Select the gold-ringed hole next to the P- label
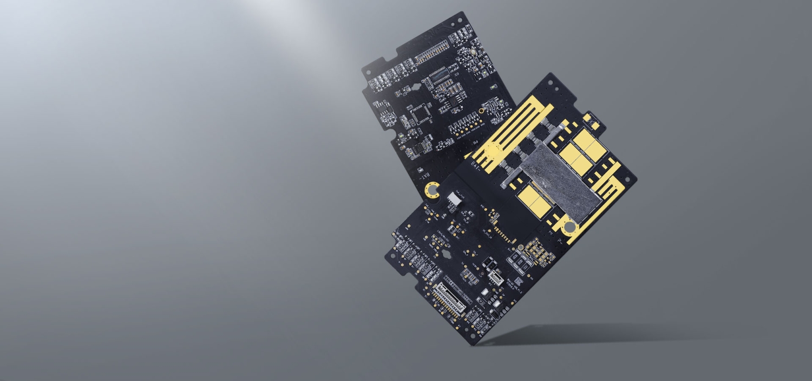click(569, 228)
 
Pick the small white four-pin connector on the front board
click(495, 278)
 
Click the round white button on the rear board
click(473, 53)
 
